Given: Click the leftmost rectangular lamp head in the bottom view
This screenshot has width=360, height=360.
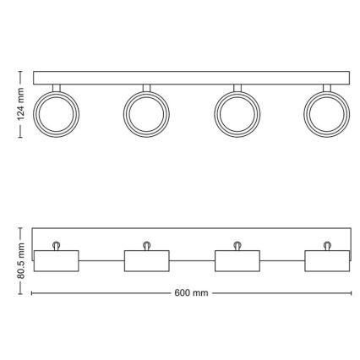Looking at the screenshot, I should pyautogui.click(x=56, y=260).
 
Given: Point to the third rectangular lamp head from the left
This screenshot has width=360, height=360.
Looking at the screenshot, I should pyautogui.click(x=237, y=260).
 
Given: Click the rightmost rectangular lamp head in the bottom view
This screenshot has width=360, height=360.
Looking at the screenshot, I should pyautogui.click(x=326, y=260).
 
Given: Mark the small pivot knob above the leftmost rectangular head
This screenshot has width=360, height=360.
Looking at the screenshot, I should pyautogui.click(x=56, y=244).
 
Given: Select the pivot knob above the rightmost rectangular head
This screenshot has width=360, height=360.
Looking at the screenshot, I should pyautogui.click(x=326, y=244).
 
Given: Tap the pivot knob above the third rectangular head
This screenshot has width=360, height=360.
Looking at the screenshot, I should pyautogui.click(x=237, y=244).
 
